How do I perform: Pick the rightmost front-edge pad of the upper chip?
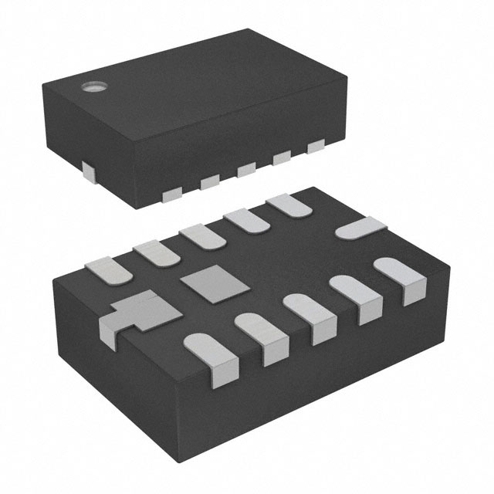coord(316,146)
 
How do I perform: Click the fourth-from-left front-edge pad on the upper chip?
coord(282,157)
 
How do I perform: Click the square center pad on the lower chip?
coord(205,280)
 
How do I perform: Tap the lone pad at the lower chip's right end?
coord(360,228)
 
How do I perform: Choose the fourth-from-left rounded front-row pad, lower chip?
coord(352,296)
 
